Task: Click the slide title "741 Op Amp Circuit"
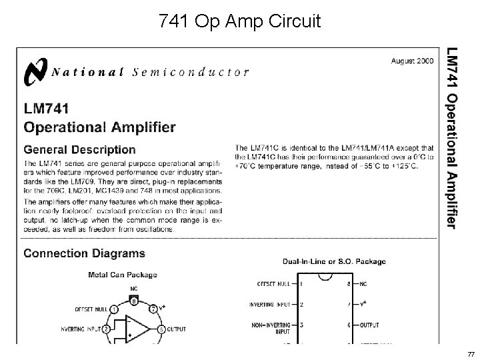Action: pos(240,22)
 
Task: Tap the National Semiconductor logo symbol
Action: pos(35,72)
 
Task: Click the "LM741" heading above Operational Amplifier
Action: pos(51,107)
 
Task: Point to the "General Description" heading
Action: pos(79,150)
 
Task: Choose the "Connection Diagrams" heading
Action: pos(84,253)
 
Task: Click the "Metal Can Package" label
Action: pos(123,274)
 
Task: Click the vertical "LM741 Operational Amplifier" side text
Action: pos(451,137)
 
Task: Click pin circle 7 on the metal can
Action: pos(153,309)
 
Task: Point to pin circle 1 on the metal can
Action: pos(114,309)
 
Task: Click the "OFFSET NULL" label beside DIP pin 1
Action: pos(273,283)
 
